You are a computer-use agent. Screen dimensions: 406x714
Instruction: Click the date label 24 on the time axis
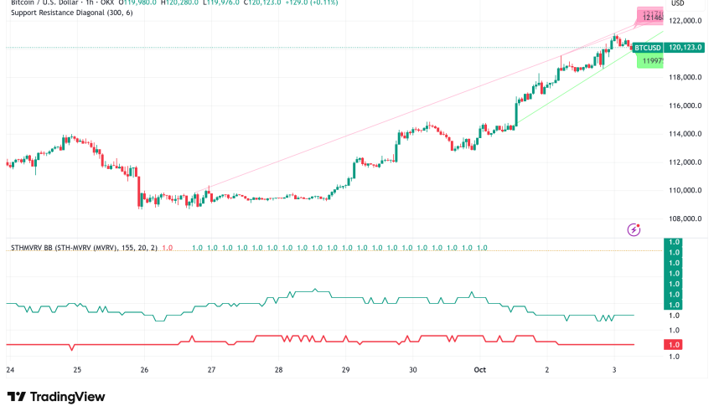click(x=10, y=369)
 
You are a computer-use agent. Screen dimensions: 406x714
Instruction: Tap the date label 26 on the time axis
click(x=144, y=369)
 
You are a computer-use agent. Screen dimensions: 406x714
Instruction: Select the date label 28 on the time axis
click(x=278, y=369)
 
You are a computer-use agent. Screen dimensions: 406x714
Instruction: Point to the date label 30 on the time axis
click(x=412, y=369)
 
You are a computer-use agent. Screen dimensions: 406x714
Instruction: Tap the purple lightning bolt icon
click(x=634, y=229)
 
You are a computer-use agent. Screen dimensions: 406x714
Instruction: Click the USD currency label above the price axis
click(x=678, y=4)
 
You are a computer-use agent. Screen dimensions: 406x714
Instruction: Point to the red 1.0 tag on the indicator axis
click(x=674, y=345)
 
